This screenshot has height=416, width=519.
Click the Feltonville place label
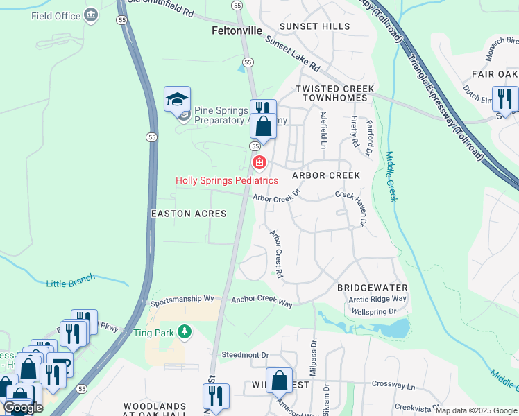click(x=237, y=31)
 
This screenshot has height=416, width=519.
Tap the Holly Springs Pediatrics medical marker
click(x=259, y=162)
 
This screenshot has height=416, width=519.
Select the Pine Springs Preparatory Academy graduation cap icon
click(x=177, y=99)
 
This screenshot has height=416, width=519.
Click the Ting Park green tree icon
click(x=184, y=333)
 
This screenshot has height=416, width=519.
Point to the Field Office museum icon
click(x=91, y=15)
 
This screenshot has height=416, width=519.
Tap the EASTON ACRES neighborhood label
click(x=189, y=214)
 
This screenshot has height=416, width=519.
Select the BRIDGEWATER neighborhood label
click(x=372, y=287)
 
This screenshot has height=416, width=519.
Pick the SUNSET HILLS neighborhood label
click(x=315, y=26)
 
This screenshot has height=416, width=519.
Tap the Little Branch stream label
click(x=71, y=281)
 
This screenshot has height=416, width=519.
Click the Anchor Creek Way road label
click(x=262, y=301)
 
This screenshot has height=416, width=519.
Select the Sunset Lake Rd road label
click(x=292, y=55)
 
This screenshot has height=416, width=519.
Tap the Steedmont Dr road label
click(x=244, y=355)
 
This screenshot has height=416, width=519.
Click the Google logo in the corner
click(x=23, y=408)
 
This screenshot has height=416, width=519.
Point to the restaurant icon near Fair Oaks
click(x=504, y=98)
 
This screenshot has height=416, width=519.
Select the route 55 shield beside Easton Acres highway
click(x=151, y=137)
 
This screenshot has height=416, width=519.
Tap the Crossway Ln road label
click(x=393, y=385)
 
